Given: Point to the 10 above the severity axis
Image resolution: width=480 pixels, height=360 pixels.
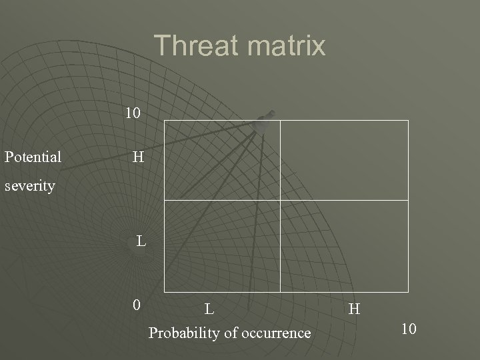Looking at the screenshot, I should (133, 113).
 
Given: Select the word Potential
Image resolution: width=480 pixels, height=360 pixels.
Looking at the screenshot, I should (33, 157).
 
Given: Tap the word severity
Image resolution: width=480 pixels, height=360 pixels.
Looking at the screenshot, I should (29, 185).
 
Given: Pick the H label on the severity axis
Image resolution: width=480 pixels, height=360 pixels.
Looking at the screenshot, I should (138, 157).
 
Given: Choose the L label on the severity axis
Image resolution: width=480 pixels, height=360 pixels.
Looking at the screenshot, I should (141, 241).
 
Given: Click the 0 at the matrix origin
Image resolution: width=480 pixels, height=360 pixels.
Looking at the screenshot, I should (136, 306).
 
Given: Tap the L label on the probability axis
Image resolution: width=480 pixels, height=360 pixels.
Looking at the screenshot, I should (209, 309).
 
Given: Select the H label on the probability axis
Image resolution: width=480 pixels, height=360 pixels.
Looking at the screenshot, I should (354, 309).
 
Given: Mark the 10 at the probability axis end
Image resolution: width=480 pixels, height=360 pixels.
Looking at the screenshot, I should (409, 329).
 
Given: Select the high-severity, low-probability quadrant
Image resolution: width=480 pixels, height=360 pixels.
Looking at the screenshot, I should (222, 160).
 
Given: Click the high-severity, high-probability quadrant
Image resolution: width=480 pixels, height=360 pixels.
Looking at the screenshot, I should (344, 160).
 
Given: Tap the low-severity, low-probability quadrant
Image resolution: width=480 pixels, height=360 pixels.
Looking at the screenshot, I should (222, 246).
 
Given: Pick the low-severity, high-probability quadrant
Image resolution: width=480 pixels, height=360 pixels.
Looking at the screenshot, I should (344, 246).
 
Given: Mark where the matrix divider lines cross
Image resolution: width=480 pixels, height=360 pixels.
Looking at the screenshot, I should (280, 200).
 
